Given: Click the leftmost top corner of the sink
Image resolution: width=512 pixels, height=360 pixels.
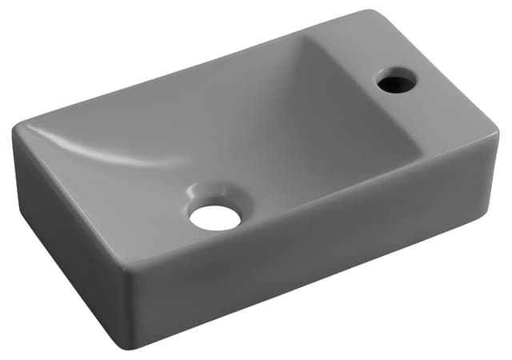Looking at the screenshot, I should point(14,130).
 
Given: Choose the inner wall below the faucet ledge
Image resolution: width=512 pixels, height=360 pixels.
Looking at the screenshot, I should point(376,136).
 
